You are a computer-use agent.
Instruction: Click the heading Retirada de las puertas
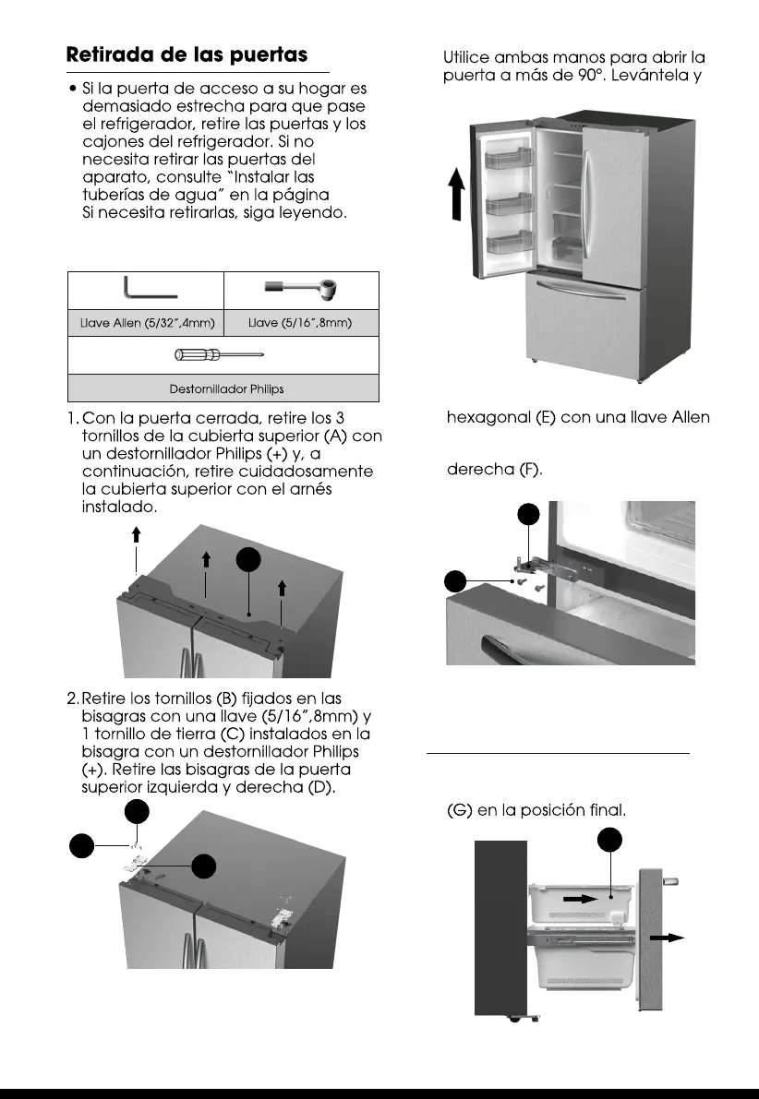pos(187,54)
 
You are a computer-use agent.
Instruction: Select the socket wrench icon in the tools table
pos(302,289)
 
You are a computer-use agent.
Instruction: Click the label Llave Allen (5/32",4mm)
pos(145,322)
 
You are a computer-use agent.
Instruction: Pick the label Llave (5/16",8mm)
pos(302,322)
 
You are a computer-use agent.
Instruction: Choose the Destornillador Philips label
pos(223,388)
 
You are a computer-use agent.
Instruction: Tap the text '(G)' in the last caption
pos(460,811)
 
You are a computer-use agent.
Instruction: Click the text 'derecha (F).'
pos(495,470)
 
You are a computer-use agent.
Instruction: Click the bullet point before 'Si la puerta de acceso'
pos(72,89)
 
